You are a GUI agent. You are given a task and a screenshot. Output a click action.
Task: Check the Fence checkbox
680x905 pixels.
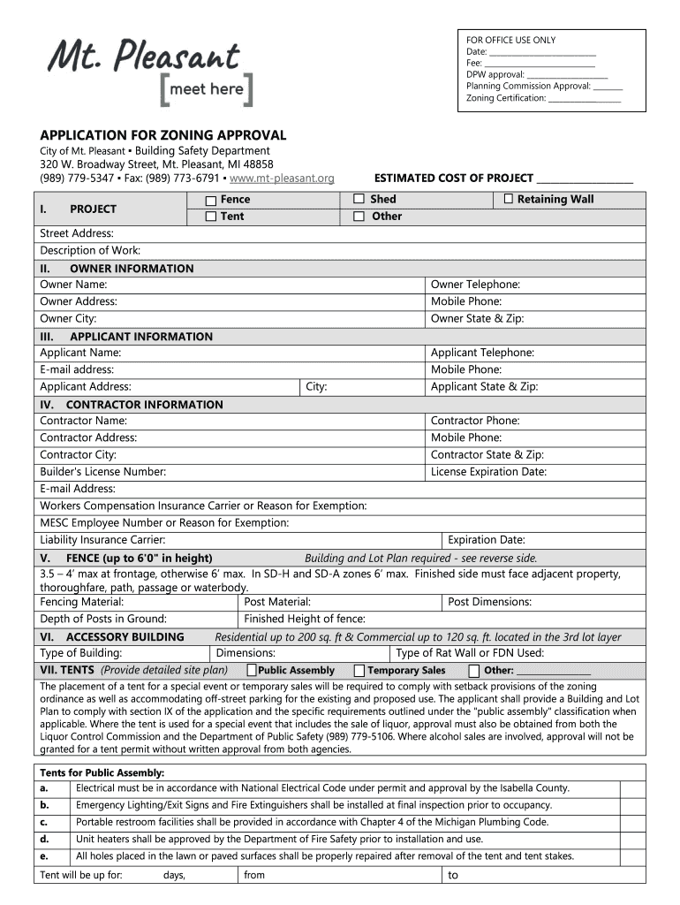click(x=211, y=200)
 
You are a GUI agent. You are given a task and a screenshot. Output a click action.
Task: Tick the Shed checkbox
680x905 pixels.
click(x=359, y=200)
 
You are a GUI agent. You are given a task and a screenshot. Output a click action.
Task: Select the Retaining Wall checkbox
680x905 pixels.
click(x=508, y=200)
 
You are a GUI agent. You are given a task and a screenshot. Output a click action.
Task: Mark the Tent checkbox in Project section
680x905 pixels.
click(x=211, y=217)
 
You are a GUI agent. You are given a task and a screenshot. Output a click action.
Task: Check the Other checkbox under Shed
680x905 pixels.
click(x=359, y=217)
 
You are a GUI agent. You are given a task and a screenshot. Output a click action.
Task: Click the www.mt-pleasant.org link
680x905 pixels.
click(x=282, y=179)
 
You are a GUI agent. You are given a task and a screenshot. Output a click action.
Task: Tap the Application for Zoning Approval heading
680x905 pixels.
click(x=163, y=135)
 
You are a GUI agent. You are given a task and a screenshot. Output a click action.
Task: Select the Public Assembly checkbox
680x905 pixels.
click(x=252, y=671)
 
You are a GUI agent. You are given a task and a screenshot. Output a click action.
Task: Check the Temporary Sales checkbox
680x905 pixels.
click(x=359, y=671)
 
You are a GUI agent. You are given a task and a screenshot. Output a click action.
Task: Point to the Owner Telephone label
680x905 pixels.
click(x=475, y=285)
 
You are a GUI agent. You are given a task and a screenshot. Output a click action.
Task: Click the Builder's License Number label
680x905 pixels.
click(x=103, y=472)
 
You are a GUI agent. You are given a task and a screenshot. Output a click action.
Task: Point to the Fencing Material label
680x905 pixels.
click(x=82, y=602)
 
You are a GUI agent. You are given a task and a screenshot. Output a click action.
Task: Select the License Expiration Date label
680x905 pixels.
click(x=488, y=472)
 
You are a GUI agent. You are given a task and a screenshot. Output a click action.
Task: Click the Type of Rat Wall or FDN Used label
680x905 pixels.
click(x=470, y=653)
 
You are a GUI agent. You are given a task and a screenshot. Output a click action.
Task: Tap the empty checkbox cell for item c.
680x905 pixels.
click(x=632, y=822)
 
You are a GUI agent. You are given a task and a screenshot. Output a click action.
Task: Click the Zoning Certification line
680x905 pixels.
click(x=584, y=98)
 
